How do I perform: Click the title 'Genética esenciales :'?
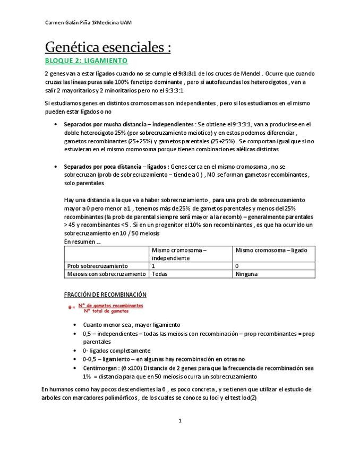(108, 47)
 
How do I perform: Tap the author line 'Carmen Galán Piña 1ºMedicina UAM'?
(89, 23)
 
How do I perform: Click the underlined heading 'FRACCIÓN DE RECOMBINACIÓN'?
(105, 295)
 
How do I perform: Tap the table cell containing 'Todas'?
(160, 274)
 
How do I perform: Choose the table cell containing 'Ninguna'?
(246, 274)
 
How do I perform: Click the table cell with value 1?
(154, 266)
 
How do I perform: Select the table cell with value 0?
(237, 266)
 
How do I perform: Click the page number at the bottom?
(180, 421)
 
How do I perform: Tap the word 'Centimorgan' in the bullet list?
(100, 368)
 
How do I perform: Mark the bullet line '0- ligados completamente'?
(116, 351)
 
